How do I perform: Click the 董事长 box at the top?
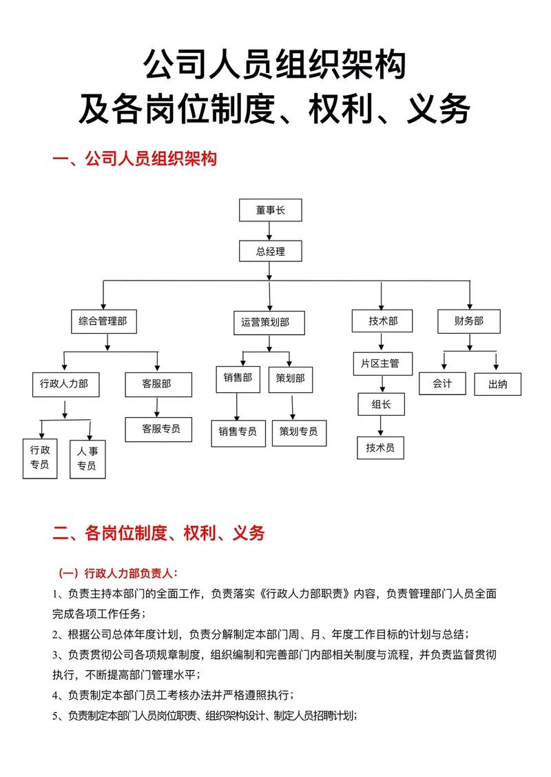(270, 210)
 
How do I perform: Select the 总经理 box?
(270, 252)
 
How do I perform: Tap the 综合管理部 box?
(103, 321)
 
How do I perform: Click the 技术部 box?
(383, 321)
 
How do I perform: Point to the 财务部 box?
(468, 321)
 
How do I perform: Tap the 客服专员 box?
(161, 429)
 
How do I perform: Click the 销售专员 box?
(238, 432)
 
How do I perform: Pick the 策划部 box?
(291, 378)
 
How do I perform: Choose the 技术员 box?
(380, 448)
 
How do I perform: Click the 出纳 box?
(497, 384)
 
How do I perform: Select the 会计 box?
(442, 383)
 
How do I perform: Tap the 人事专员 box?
(87, 458)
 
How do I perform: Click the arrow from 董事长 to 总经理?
(270, 231)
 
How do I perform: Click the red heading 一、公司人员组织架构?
(135, 159)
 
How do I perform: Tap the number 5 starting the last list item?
(56, 716)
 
